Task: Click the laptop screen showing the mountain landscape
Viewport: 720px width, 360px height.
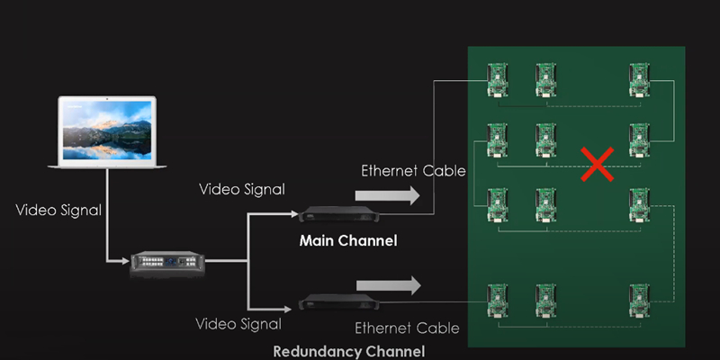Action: [x=106, y=129]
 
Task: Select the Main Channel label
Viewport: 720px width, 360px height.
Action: [x=347, y=241]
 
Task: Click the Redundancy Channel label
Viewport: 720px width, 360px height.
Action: [x=349, y=350]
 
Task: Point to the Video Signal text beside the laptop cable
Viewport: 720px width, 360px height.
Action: [x=58, y=210]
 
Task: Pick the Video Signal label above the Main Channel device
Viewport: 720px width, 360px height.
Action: [x=241, y=189]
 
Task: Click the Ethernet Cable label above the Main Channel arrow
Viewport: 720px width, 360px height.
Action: [x=413, y=170]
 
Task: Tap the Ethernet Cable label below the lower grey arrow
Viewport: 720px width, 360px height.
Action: [x=407, y=328]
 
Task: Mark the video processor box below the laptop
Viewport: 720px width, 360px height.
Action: [x=168, y=262]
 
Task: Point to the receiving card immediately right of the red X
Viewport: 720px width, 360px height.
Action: [x=640, y=139]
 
